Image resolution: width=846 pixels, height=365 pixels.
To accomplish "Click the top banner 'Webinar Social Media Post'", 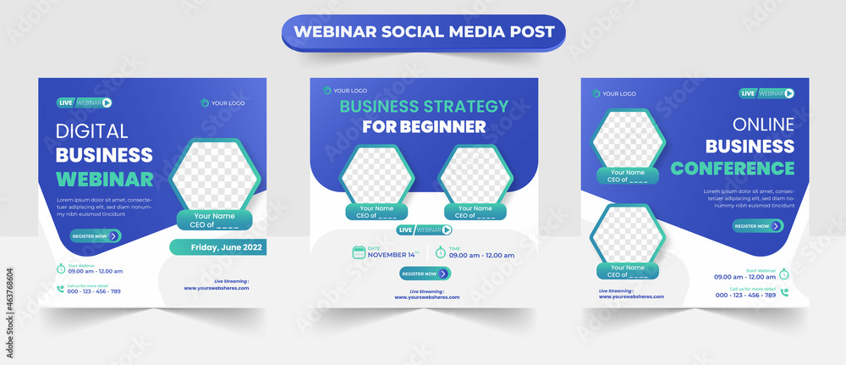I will pos(423,32).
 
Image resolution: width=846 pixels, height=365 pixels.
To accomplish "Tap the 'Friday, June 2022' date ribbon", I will pos(218,247).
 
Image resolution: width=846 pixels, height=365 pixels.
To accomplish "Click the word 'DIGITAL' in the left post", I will pos(91,131).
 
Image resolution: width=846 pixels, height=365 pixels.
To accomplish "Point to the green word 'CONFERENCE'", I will pos(732,168).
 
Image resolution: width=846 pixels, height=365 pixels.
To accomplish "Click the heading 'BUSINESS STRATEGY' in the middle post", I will pos(424,106).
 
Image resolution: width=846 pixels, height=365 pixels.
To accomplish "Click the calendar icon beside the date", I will pos(359,252).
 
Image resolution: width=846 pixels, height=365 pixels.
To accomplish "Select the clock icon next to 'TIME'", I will pos(440,252).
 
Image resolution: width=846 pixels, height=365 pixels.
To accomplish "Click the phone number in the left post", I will pos(93,291).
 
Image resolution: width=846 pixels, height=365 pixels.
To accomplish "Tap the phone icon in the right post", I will pos(784,292).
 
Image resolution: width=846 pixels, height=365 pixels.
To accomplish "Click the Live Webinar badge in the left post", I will pos(85,102).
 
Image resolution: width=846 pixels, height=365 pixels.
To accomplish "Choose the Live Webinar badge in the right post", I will pos(767,93).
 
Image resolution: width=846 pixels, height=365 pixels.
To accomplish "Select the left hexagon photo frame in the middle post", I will pos(376,175).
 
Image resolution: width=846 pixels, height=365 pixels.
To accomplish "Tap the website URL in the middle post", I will pos(427,297).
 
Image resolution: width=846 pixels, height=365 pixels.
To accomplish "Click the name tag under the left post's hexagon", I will pos(214,221).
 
